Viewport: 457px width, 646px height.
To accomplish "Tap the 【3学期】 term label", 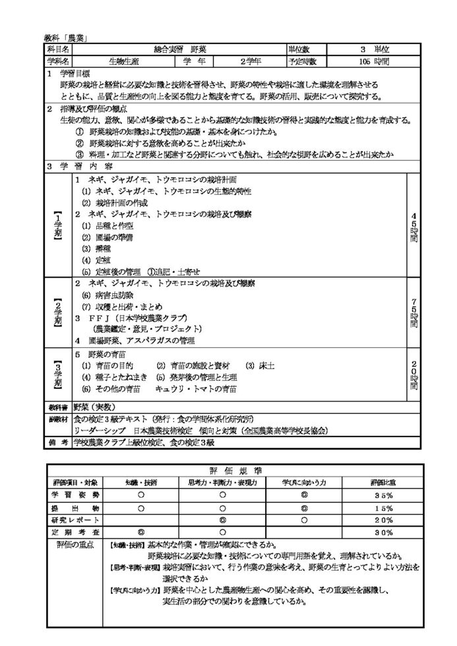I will click(57, 373).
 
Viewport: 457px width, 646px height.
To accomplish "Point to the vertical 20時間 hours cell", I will click(413, 373).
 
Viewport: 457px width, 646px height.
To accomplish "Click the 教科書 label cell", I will click(57, 407).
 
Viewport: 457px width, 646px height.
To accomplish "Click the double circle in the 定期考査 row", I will click(140, 531).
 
